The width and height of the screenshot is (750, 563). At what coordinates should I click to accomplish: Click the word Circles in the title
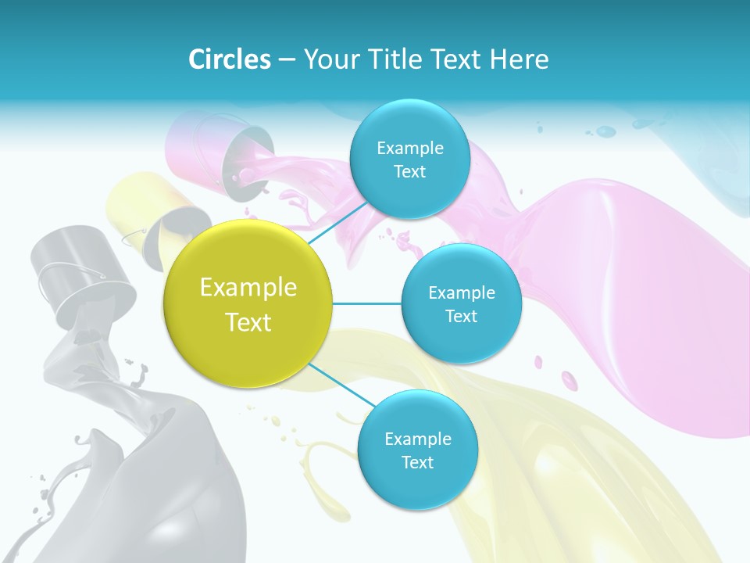pyautogui.click(x=230, y=59)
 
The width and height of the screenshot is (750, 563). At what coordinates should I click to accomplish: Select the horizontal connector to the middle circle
pyautogui.click(x=367, y=303)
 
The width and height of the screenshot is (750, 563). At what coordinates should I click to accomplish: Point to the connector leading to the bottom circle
pyautogui.click(x=340, y=385)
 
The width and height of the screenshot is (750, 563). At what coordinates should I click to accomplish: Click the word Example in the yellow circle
pyautogui.click(x=248, y=288)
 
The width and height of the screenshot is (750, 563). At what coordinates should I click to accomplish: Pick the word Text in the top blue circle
pyautogui.click(x=409, y=172)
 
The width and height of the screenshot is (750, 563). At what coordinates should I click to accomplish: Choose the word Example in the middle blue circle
pyautogui.click(x=461, y=293)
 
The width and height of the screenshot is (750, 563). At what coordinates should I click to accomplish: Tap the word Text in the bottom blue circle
pyautogui.click(x=417, y=463)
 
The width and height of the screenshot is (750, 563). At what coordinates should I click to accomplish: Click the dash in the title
pyautogui.click(x=286, y=60)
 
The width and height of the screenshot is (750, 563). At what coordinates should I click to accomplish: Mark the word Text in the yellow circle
pyautogui.click(x=248, y=322)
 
